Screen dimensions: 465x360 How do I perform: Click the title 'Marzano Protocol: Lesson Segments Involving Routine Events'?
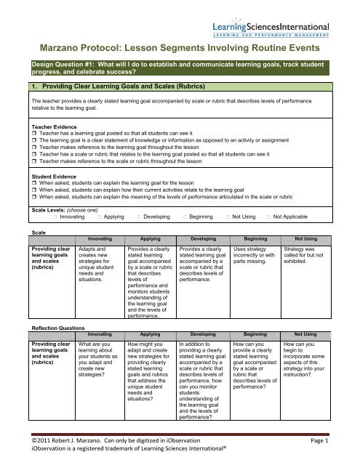(x=180, y=47)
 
